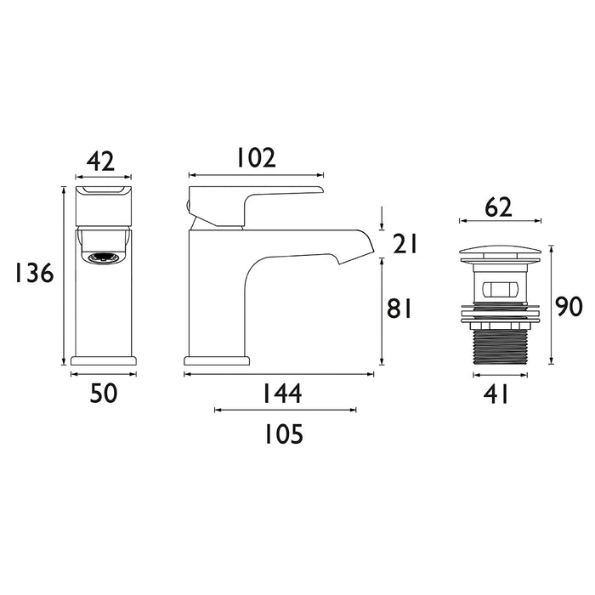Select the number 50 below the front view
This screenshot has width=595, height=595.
103,393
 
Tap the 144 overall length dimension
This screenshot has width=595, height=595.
280,393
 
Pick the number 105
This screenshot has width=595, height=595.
280,435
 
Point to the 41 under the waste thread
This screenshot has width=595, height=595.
499,394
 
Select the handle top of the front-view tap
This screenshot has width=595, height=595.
103,192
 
